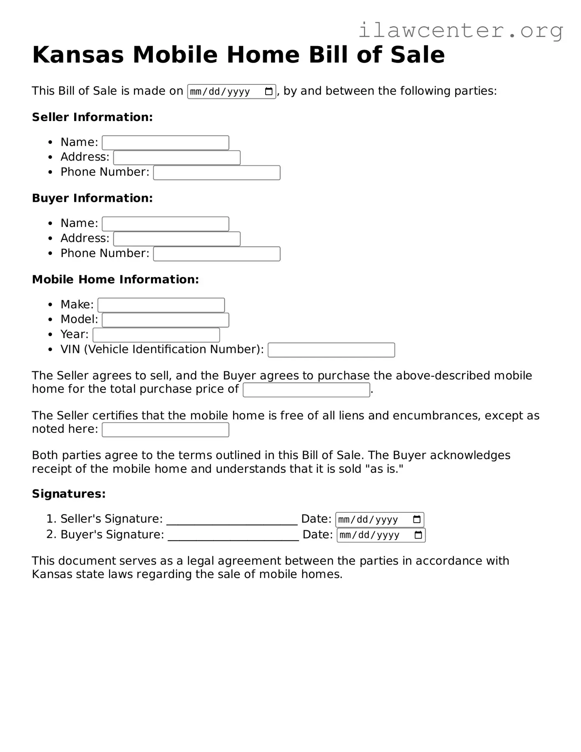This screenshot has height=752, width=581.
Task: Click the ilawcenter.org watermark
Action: click(460, 30)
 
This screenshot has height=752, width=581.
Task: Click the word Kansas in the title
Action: click(78, 54)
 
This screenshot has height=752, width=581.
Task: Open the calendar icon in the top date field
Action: click(268, 91)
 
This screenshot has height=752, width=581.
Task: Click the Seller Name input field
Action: click(165, 142)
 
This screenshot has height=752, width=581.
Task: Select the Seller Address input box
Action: click(177, 158)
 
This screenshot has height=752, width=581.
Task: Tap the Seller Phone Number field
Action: click(217, 173)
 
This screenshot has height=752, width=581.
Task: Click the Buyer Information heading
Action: click(92, 198)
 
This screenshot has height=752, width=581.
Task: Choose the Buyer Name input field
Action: click(165, 224)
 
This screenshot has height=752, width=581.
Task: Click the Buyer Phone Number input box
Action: click(217, 254)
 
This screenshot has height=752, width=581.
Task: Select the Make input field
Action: click(161, 305)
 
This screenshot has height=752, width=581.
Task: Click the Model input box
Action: click(165, 320)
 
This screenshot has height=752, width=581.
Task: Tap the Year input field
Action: click(156, 335)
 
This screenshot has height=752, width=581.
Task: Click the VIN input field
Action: click(331, 350)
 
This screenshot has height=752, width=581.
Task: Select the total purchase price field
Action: click(306, 390)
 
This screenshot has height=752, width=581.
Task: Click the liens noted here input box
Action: click(165, 430)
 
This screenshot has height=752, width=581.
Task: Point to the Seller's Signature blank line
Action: click(232, 520)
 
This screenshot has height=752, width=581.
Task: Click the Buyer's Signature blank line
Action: click(233, 536)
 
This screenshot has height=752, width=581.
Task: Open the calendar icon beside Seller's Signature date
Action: click(417, 519)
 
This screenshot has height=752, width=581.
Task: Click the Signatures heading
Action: click(69, 493)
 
